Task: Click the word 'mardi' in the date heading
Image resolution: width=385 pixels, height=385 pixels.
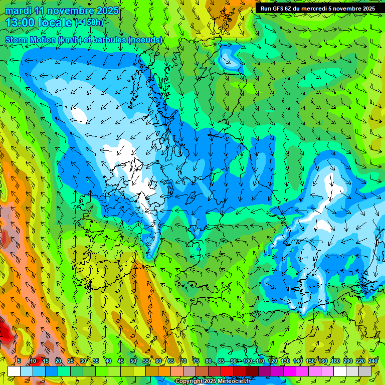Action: click(18, 11)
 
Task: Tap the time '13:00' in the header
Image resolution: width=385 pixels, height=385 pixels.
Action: click(19, 23)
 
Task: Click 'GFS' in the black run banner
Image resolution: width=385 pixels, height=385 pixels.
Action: click(281, 9)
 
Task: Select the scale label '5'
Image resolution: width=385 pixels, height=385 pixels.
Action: click(19, 361)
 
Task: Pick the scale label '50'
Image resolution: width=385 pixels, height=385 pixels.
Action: click(133, 361)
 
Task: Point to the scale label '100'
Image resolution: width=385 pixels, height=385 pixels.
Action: click(247, 361)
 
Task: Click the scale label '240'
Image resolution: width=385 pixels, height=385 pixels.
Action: click(373, 361)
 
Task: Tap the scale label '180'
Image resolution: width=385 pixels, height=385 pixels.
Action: click(335, 361)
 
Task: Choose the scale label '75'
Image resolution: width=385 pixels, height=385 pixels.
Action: click(196, 361)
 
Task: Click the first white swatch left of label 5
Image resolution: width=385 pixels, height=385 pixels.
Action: click(14, 371)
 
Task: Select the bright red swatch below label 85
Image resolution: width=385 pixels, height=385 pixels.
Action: click(227, 371)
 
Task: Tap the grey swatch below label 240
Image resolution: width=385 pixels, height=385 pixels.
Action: click(365, 371)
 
